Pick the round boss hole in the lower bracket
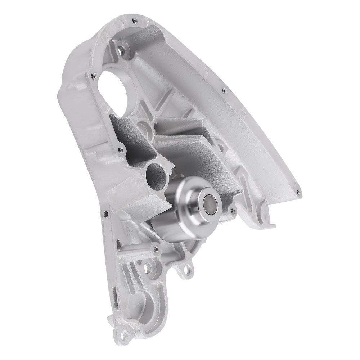click(x=147, y=268)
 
